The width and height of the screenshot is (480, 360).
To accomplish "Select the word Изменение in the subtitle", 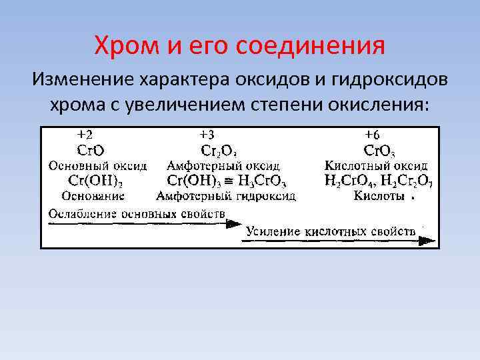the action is (80, 81).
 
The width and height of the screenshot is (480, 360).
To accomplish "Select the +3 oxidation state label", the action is (207, 135).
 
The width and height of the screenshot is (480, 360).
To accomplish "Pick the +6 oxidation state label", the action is (372, 135).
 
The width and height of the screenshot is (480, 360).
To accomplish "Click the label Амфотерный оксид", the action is (223, 165).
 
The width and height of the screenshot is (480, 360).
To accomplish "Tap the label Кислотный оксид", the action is (376, 165).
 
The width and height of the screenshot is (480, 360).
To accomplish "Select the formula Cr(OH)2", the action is (95, 181).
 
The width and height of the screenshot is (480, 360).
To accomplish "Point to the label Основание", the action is (93, 196).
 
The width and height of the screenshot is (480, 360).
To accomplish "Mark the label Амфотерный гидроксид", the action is (227, 196).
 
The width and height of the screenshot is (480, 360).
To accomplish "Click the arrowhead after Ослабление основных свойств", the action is (234, 224).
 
